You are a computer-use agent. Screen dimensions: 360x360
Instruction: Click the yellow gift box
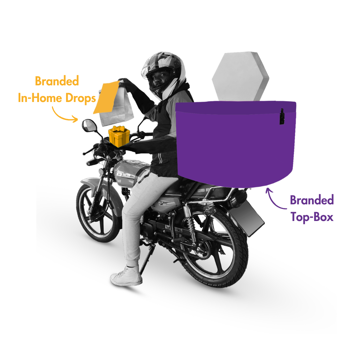click(x=119, y=136)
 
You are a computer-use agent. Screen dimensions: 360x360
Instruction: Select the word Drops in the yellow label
click(x=81, y=98)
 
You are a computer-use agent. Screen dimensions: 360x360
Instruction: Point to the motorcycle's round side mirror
click(x=89, y=126)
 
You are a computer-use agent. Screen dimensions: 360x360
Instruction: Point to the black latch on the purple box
click(x=282, y=117)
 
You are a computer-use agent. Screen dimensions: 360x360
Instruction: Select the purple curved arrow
click(x=275, y=199)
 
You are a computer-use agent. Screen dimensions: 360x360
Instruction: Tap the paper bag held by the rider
click(x=116, y=103)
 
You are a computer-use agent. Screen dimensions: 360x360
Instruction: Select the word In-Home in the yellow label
click(x=40, y=98)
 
